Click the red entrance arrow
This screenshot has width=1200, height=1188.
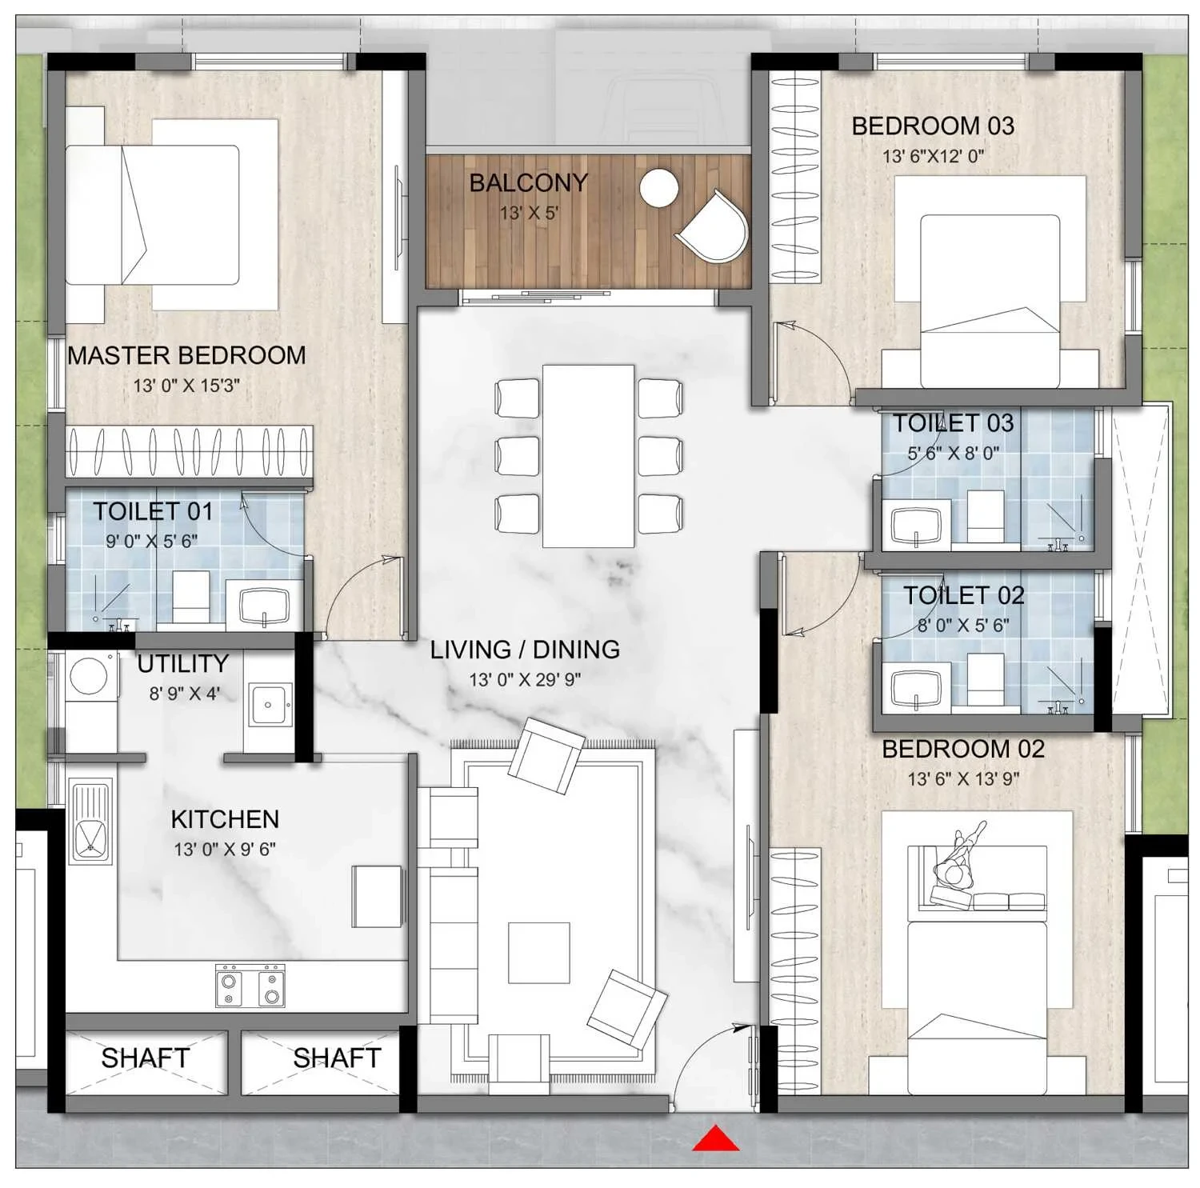tap(716, 1138)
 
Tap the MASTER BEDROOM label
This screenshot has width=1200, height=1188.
tap(186, 355)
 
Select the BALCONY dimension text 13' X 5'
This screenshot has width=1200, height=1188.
tap(529, 213)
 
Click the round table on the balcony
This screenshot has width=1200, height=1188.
tap(659, 189)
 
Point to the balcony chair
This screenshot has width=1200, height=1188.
tap(713, 226)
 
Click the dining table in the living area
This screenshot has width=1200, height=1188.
tap(588, 456)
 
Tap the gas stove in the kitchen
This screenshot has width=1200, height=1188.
tap(250, 986)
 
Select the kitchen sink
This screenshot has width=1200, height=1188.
tap(90, 822)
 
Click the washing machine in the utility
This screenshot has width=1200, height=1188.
tap(89, 677)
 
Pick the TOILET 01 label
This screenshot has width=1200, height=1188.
tap(153, 511)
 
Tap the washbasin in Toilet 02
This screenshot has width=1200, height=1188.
tap(917, 688)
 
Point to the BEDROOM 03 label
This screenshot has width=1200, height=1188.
tap(933, 126)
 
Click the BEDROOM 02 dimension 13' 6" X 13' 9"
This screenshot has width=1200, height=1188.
tap(963, 778)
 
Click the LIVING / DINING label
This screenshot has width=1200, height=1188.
tap(525, 650)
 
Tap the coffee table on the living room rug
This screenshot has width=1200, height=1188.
tap(539, 953)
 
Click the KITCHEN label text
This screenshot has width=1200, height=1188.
tap(225, 819)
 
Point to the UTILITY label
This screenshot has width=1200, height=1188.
tap(182, 663)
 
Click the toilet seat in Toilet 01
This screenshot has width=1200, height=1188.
tap(191, 595)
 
